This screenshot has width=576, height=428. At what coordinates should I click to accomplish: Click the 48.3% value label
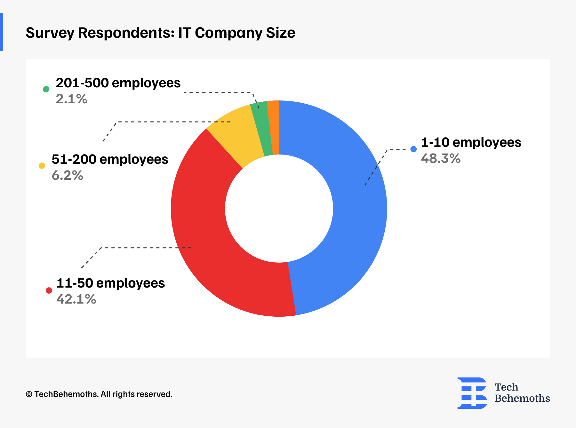(x=441, y=159)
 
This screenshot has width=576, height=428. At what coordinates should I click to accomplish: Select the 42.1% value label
(x=76, y=299)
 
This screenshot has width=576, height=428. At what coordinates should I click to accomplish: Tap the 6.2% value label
(x=68, y=176)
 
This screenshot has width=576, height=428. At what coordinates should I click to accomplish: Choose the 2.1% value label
(x=71, y=99)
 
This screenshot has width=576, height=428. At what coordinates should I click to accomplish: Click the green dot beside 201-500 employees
(x=46, y=89)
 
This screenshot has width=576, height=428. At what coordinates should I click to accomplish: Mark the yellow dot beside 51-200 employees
(x=42, y=166)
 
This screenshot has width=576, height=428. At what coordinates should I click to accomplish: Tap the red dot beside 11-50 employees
(x=49, y=290)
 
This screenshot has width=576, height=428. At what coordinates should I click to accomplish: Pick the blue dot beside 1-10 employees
(x=413, y=149)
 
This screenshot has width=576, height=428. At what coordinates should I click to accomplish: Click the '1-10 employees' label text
(x=471, y=143)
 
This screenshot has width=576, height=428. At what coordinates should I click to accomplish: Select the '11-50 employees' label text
(x=110, y=283)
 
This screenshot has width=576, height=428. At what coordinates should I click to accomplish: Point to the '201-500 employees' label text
(x=118, y=83)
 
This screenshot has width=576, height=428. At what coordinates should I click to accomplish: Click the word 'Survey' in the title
(x=50, y=33)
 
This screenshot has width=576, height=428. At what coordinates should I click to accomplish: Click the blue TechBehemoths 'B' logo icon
(x=472, y=393)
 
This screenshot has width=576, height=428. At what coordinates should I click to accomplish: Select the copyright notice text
(x=99, y=394)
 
